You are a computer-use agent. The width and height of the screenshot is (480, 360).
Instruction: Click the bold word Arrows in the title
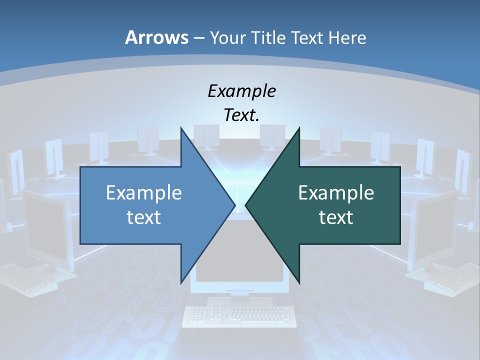156,37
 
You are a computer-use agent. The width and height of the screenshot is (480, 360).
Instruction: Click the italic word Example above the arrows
241,91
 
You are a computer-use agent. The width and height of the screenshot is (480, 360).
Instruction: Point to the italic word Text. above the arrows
241,115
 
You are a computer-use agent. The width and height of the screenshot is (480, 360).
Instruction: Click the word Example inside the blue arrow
144,192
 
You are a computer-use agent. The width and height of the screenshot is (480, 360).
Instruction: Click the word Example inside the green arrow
336,192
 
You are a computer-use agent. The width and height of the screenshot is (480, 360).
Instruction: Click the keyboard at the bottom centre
237,315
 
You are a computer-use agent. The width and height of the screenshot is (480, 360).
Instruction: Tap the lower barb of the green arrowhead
298,280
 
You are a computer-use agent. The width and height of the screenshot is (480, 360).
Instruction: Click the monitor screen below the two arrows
240,275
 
